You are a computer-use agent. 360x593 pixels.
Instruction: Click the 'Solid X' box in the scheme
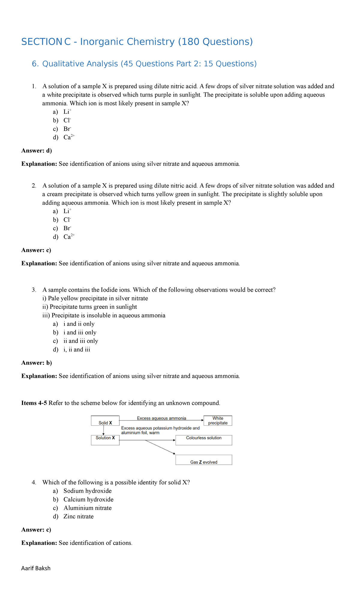click(x=105, y=421)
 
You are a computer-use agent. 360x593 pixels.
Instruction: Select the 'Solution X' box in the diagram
click(x=105, y=440)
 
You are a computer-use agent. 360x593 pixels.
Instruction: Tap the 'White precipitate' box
click(x=218, y=421)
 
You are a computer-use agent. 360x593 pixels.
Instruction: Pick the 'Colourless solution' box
click(x=204, y=440)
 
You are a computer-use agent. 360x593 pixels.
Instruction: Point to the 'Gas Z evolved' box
click(x=204, y=460)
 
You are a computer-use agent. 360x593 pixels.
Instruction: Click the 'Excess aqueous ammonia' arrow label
click(x=161, y=418)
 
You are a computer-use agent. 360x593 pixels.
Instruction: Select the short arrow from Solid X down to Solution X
click(x=103, y=430)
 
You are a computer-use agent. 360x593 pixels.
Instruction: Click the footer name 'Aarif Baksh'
click(x=36, y=568)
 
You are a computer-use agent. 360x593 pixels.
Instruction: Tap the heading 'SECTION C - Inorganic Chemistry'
click(x=137, y=42)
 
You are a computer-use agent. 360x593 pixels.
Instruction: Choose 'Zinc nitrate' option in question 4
click(x=78, y=516)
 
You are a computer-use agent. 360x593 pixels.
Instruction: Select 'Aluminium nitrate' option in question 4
click(x=87, y=508)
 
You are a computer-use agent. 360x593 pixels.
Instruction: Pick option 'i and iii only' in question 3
click(x=80, y=333)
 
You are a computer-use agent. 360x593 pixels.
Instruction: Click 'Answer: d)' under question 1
click(x=37, y=151)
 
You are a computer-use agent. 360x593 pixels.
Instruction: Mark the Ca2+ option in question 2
click(x=69, y=237)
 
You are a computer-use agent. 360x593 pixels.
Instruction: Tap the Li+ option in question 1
click(x=67, y=112)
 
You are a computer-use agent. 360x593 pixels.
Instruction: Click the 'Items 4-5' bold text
click(x=34, y=403)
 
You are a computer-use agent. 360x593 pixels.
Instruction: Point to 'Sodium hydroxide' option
click(x=87, y=491)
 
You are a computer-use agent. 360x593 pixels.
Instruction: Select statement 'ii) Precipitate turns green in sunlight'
click(x=90, y=307)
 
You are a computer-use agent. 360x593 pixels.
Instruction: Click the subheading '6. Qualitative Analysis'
click(x=144, y=64)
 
